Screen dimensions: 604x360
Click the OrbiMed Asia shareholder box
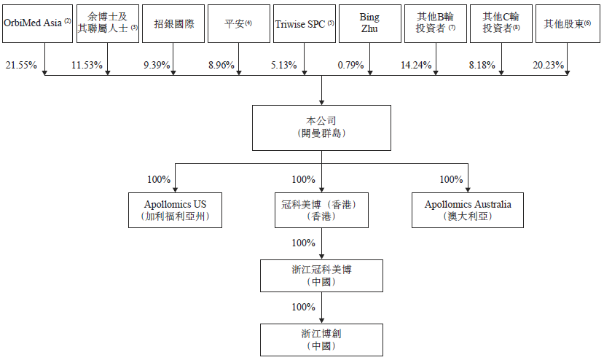(x=37, y=23)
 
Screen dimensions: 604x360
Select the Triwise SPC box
(x=305, y=23)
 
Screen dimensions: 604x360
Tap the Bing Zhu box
(x=370, y=23)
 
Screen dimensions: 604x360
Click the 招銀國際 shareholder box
(x=173, y=23)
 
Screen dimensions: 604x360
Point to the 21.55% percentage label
(x=21, y=65)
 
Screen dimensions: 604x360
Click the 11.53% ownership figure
(x=87, y=65)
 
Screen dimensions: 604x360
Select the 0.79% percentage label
(x=350, y=65)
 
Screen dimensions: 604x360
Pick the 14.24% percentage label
(x=416, y=65)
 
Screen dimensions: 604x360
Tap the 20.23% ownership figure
(x=548, y=65)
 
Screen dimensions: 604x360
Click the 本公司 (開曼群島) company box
(x=321, y=128)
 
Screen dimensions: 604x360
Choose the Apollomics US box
(x=176, y=210)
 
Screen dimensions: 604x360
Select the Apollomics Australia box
(x=468, y=210)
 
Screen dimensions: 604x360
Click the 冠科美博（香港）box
(x=321, y=210)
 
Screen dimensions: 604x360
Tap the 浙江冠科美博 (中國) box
(x=321, y=275)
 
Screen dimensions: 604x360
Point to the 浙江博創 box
(x=321, y=340)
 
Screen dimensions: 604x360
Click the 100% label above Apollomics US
(x=159, y=179)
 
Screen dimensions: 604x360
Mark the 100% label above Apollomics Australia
(x=451, y=179)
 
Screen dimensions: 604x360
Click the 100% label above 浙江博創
(x=304, y=307)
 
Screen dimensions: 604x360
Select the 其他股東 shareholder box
(x=568, y=23)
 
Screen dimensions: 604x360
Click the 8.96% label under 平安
(x=221, y=65)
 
